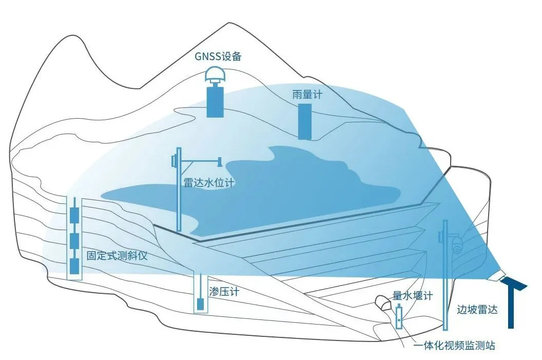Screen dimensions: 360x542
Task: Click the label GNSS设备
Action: pyautogui.click(x=217, y=56)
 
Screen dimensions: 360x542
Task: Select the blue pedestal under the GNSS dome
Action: pyautogui.click(x=215, y=101)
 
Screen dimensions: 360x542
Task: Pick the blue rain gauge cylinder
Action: pyautogui.click(x=305, y=121)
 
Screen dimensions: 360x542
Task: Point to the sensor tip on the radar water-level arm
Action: pyautogui.click(x=220, y=161)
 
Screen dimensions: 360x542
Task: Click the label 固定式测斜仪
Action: pyautogui.click(x=118, y=255)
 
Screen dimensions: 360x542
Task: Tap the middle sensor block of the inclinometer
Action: pyautogui.click(x=75, y=240)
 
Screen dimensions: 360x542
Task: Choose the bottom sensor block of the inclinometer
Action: pyautogui.click(x=75, y=266)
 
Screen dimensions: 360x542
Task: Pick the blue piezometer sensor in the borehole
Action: pyautogui.click(x=201, y=304)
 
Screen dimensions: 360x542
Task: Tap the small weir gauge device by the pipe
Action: pyautogui.click(x=399, y=317)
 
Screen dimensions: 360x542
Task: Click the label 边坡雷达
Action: pyautogui.click(x=477, y=310)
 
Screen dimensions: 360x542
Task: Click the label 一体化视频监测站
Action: pyautogui.click(x=454, y=346)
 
